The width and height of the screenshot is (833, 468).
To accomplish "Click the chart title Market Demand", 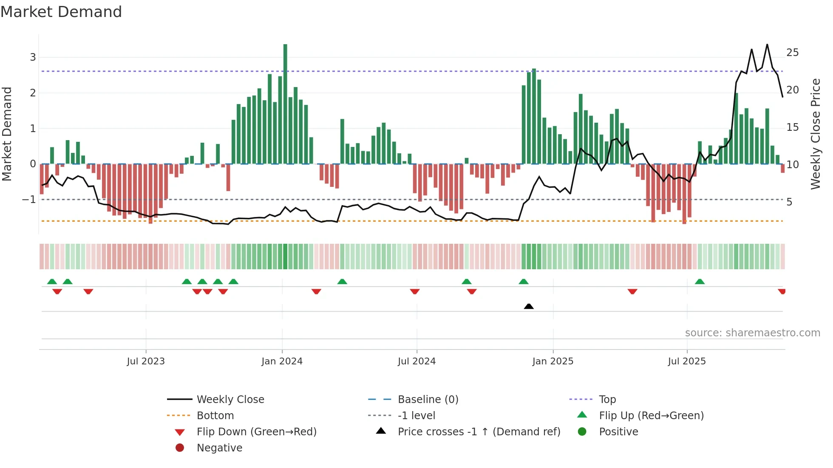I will [x=61, y=12].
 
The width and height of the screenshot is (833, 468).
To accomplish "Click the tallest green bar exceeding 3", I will [x=285, y=102].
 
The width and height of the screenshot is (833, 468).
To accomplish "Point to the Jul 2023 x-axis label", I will [x=146, y=361].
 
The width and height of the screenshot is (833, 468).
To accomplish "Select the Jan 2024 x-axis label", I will [x=282, y=361].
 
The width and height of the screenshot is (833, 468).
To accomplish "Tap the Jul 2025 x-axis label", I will [x=687, y=361].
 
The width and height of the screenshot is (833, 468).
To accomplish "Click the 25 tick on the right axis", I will [x=792, y=53].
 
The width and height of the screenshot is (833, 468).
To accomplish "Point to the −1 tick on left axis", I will [x=29, y=200].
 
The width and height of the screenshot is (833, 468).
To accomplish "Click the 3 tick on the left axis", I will [x=33, y=57].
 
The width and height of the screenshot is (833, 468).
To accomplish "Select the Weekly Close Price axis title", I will [x=815, y=134].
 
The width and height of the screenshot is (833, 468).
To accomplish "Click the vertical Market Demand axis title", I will [x=7, y=134].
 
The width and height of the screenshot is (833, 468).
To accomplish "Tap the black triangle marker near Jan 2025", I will [x=529, y=306].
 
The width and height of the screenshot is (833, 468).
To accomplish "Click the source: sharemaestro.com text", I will [x=752, y=333].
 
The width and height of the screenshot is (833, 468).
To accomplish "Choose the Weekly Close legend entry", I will [x=230, y=400].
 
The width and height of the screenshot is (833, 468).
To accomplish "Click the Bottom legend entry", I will [x=215, y=416].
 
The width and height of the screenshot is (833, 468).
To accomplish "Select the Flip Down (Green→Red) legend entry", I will [x=256, y=432].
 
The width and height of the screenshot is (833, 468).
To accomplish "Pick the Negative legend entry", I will [x=219, y=448].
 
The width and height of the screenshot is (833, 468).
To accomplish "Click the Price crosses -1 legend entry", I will [x=479, y=432].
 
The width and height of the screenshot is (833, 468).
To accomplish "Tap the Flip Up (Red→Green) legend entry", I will [x=651, y=416].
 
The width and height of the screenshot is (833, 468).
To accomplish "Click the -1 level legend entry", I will [x=416, y=416].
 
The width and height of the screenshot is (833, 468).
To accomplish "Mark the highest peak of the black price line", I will [x=767, y=45].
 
